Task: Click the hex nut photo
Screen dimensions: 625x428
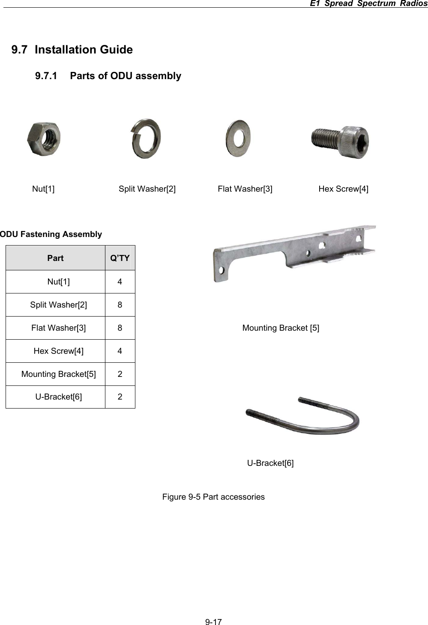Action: point(44,139)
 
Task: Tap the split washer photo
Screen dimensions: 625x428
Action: point(146,139)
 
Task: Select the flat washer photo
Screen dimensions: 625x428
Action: point(238,138)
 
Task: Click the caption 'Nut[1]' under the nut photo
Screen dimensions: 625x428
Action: point(43,189)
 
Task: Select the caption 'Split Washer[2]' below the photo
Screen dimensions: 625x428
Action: point(147,189)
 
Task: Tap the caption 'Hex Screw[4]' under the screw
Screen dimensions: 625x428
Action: point(343,189)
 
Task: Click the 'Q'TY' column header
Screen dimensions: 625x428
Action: point(120,258)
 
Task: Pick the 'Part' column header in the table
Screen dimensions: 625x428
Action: point(55,258)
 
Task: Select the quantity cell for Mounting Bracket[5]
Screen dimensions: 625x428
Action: point(120,374)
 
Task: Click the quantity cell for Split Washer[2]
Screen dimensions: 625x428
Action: point(120,305)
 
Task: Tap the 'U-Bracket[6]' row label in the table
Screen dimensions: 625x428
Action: point(59,397)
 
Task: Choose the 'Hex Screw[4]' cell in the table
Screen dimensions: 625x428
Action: point(59,351)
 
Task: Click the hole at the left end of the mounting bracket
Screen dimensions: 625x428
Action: point(221,270)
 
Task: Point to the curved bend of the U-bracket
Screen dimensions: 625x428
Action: point(353,421)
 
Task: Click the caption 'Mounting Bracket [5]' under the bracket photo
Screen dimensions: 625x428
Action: point(281,328)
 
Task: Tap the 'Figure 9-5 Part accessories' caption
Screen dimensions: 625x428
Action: point(213,497)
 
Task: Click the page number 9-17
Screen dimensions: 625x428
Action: point(213,622)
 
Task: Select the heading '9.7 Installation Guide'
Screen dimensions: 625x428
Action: point(72,50)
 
